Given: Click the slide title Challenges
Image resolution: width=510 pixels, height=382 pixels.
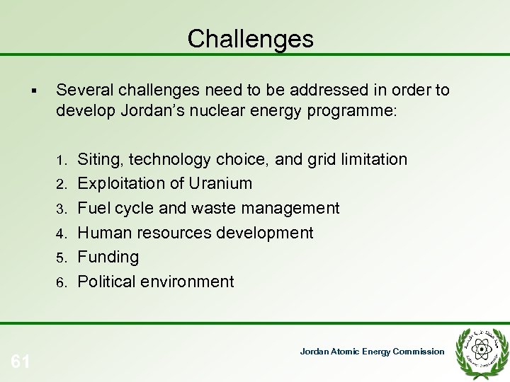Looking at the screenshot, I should point(250,39).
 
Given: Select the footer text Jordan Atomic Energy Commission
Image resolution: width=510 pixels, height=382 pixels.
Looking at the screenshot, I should point(373,352).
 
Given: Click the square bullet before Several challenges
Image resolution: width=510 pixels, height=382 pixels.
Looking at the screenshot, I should point(35,91).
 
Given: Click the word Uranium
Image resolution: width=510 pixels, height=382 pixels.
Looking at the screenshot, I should point(220,183).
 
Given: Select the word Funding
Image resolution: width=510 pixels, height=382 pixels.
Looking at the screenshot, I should point(108,256).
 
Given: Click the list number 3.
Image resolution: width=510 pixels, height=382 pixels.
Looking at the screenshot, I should point(62,209).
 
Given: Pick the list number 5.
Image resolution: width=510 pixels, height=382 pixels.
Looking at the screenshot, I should point(62,257).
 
